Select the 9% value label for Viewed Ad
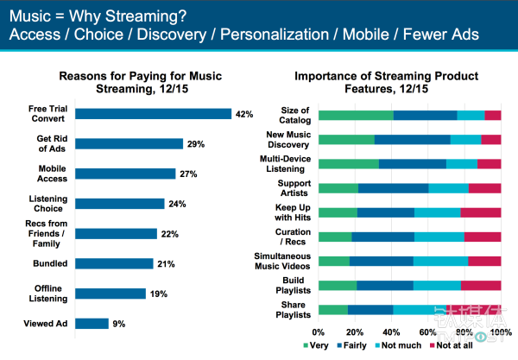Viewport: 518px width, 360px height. pyautogui.click(x=118, y=324)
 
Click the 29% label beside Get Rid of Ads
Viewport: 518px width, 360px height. pyautogui.click(x=195, y=143)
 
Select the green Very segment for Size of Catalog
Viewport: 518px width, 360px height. pyautogui.click(x=356, y=115)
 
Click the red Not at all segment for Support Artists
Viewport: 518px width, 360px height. pyautogui.click(x=484, y=188)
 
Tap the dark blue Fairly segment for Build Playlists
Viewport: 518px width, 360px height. pyautogui.click(x=385, y=285)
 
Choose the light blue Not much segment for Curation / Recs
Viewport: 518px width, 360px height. pyautogui.click(x=439, y=237)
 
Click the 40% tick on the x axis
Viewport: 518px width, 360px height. pyautogui.click(x=391, y=332)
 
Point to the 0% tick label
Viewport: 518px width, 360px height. pyautogui.click(x=319, y=332)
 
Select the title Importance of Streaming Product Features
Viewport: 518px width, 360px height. pyautogui.click(x=409, y=81)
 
